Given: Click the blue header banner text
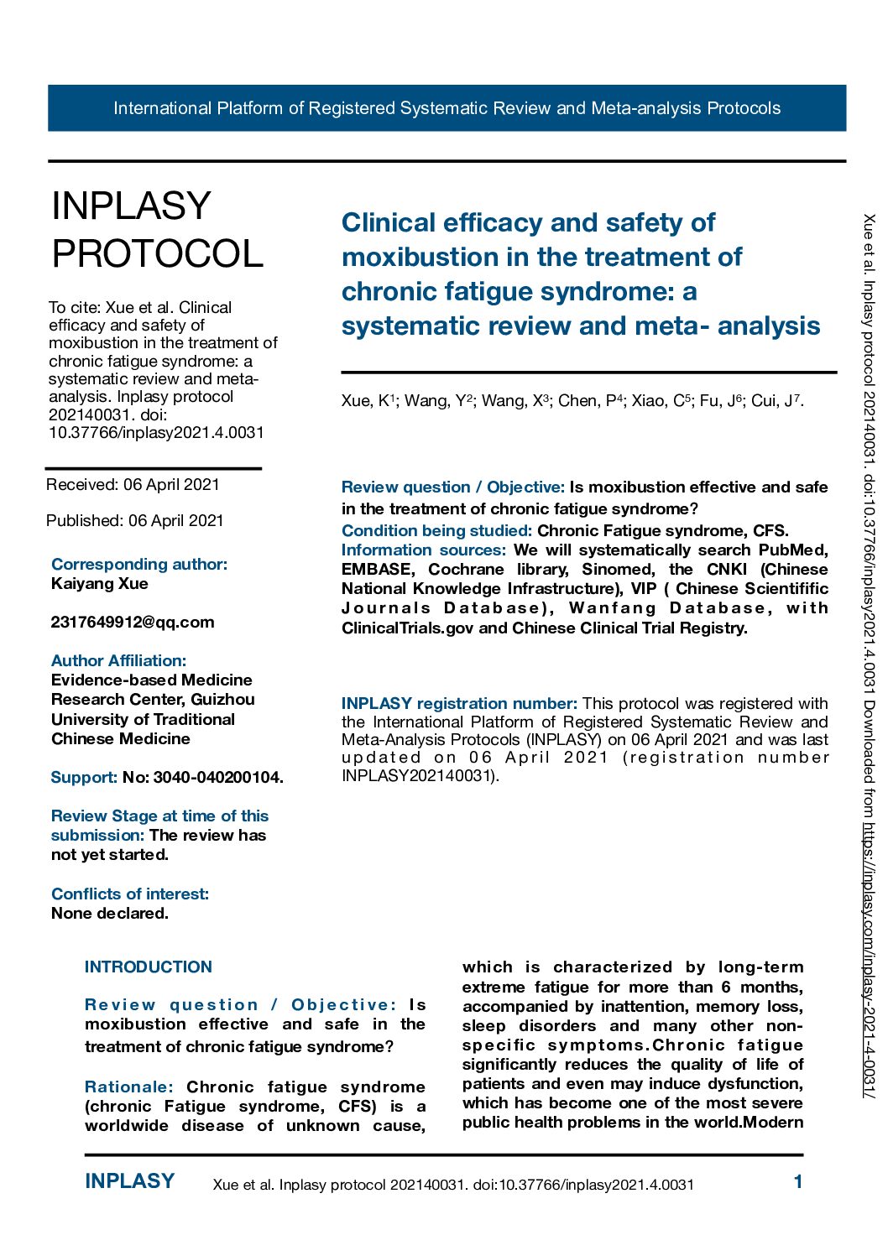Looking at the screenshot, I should (447, 108).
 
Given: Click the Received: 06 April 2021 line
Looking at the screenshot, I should (133, 485).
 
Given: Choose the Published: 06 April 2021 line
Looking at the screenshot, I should (134, 521).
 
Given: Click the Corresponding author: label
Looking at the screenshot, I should (138, 565).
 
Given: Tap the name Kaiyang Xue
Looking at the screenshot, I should (99, 584).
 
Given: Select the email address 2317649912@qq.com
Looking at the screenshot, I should (133, 623).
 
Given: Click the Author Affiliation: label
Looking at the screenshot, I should (118, 661).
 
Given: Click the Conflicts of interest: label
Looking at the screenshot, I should (129, 894).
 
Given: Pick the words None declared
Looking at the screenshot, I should (109, 914).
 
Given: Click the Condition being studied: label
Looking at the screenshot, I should (436, 531).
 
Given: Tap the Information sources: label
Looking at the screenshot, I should (423, 550).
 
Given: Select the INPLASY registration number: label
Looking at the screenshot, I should (458, 704).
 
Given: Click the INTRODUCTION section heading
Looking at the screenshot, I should (148, 967).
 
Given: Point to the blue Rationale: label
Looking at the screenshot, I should (128, 1087).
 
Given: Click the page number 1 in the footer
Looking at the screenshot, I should (797, 1182).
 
